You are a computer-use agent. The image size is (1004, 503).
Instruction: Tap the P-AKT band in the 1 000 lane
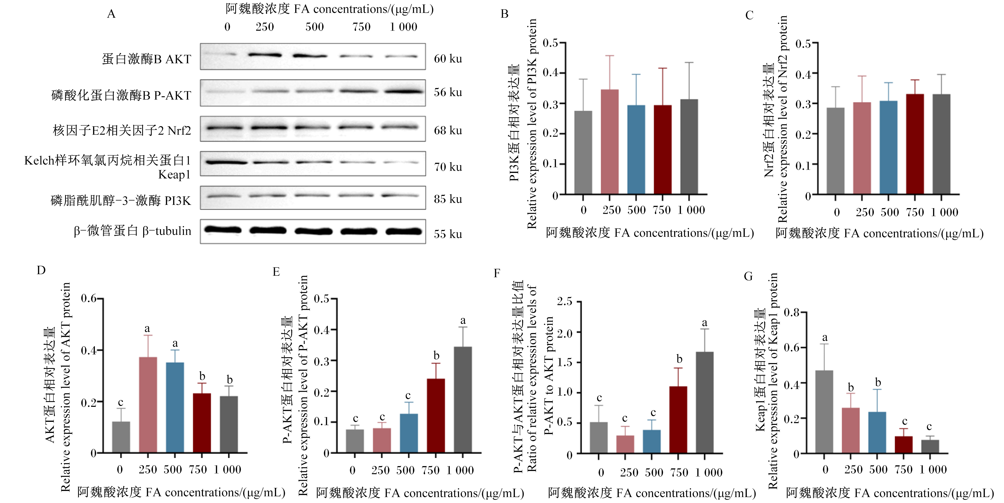point(404,92)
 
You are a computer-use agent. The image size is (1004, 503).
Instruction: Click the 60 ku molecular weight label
point(448,59)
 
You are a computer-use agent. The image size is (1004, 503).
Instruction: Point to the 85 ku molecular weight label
point(448,199)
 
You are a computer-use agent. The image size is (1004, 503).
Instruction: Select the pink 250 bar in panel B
point(610,141)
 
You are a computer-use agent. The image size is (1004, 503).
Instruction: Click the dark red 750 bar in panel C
point(915,144)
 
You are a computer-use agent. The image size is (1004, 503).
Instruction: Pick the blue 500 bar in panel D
point(175,408)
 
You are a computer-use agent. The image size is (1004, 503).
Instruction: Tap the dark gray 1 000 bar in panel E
point(463,400)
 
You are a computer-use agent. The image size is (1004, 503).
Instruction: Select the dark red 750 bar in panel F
point(678,420)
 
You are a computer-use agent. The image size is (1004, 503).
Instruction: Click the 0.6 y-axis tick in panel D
point(88,299)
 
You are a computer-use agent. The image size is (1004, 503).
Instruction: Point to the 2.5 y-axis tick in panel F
point(565,301)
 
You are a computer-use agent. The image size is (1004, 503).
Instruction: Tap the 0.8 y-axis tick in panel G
point(792,312)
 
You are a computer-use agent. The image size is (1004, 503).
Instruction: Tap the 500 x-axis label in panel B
point(637,210)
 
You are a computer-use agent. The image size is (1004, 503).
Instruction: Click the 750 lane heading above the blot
point(361,27)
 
